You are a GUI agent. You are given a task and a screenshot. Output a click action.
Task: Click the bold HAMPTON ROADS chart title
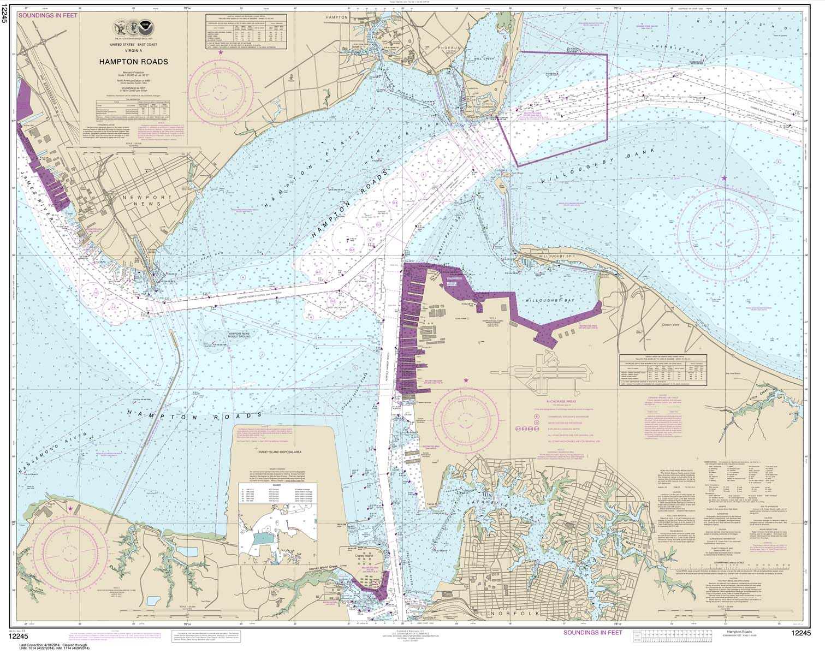click(133, 62)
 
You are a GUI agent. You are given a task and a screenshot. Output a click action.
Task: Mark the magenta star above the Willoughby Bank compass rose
click(724, 179)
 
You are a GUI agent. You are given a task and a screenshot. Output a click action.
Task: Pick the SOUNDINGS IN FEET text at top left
click(48, 16)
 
